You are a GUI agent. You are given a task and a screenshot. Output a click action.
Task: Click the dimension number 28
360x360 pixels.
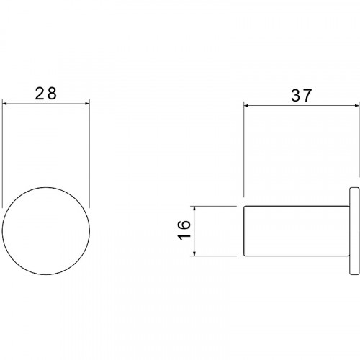pyautogui.click(x=46, y=94)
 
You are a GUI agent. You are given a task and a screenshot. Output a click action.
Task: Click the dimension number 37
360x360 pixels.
pyautogui.click(x=302, y=95)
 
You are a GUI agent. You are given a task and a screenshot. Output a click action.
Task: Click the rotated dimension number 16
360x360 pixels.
pyautogui.click(x=184, y=230)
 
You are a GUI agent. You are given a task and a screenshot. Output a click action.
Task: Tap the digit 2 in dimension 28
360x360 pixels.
pyautogui.click(x=40, y=94)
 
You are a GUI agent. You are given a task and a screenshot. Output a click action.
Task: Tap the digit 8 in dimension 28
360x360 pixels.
pyautogui.click(x=52, y=94)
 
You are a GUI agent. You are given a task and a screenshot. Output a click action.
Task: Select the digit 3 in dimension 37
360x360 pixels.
pyautogui.click(x=296, y=95)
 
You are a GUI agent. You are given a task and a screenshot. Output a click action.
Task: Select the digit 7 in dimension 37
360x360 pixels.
pyautogui.click(x=307, y=95)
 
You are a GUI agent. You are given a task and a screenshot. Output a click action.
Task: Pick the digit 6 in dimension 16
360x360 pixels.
pyautogui.click(x=184, y=225)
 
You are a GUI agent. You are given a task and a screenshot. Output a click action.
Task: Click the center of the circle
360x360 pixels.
pyautogui.click(x=46, y=231)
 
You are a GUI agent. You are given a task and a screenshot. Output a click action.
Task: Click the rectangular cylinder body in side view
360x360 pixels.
pyautogui.click(x=297, y=231)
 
